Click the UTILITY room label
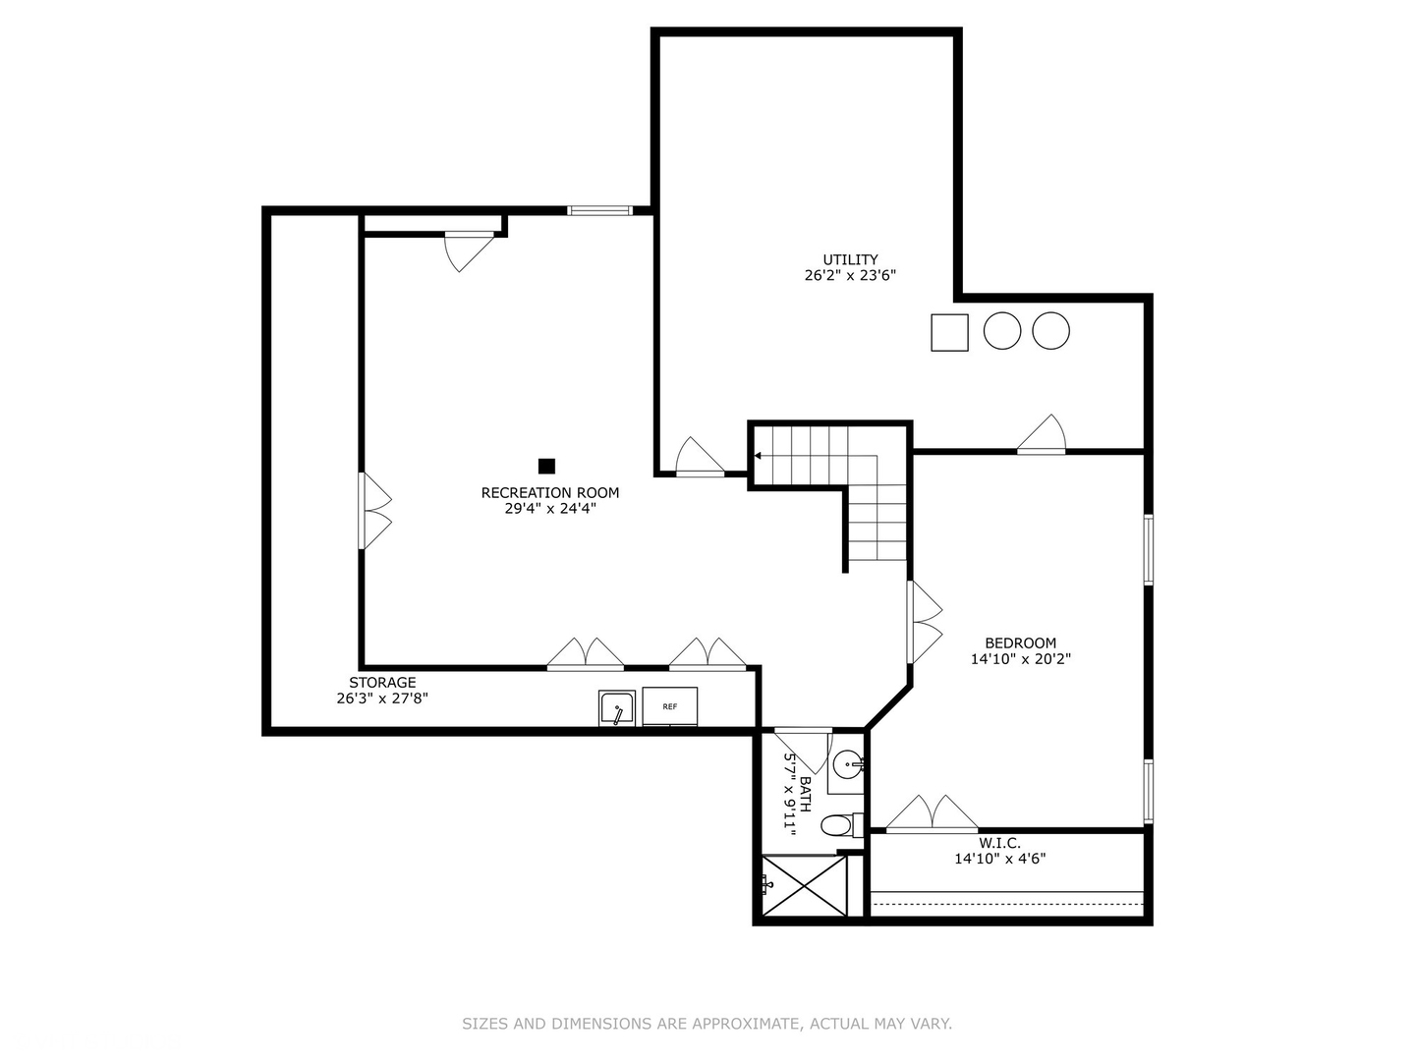(850, 260)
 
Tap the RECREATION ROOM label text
(549, 493)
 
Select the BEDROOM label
(1020, 643)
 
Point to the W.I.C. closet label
(999, 843)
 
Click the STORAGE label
(382, 683)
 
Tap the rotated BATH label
(805, 794)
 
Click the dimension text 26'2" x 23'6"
(850, 276)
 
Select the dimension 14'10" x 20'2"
(1020, 659)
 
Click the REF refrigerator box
(670, 706)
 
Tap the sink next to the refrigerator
(617, 708)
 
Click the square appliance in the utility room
(949, 332)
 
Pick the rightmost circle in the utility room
(1050, 331)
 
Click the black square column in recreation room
(546, 467)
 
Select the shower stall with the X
(805, 886)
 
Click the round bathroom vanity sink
(847, 762)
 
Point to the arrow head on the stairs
(758, 456)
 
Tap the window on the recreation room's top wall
(599, 210)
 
